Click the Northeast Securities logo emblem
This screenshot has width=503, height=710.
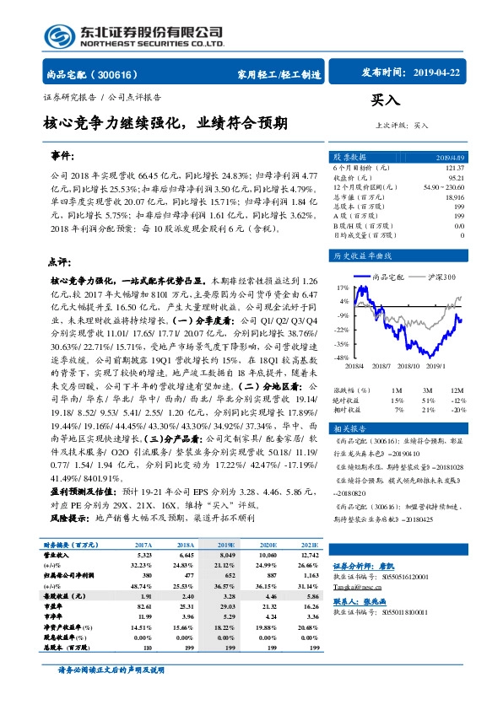click(x=59, y=35)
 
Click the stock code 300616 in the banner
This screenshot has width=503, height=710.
click(x=126, y=74)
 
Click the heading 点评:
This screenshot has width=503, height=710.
click(x=61, y=261)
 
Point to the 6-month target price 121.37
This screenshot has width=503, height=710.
click(x=453, y=169)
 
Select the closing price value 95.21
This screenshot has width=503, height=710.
click(x=456, y=178)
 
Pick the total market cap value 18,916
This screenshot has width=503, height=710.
click(x=454, y=196)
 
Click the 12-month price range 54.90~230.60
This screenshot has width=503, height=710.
click(x=442, y=186)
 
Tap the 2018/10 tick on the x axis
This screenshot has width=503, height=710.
click(x=407, y=365)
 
